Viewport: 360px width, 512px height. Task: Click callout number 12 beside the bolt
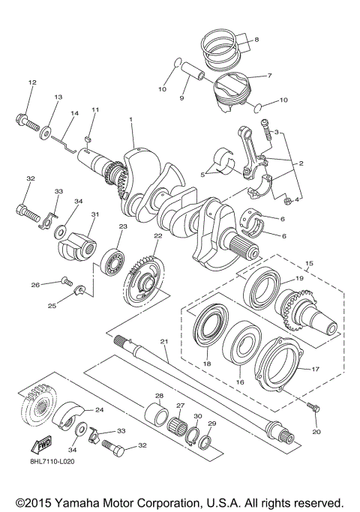coord(31,82)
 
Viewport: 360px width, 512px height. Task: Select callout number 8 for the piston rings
coord(256,39)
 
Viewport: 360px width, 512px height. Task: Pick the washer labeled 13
coord(49,132)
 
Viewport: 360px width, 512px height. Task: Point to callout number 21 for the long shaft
coord(166,343)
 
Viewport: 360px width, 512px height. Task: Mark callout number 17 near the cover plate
coord(315,369)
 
